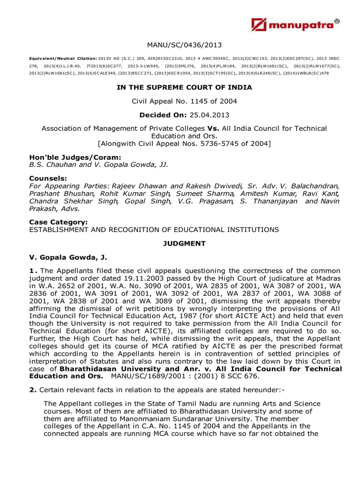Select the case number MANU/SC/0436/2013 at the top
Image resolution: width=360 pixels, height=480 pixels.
tap(184, 45)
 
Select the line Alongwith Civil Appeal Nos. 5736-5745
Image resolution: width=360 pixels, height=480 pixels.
tap(184, 143)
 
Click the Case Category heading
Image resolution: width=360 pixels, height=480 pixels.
tap(59, 222)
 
